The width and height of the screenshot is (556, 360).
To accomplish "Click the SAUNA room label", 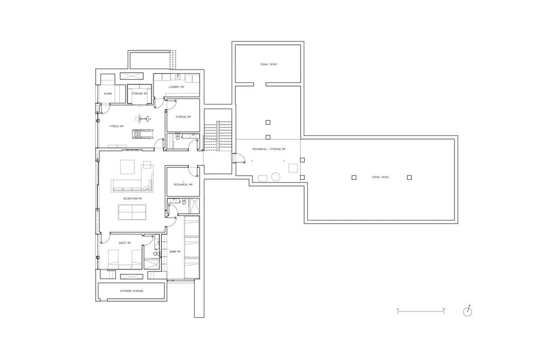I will (x=108, y=94).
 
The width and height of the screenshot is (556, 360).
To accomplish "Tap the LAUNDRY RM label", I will (x=176, y=87).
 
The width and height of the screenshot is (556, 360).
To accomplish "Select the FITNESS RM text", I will (x=116, y=126).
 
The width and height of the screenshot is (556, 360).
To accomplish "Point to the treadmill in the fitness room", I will (x=143, y=134).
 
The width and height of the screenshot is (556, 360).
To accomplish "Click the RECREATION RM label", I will (x=132, y=198).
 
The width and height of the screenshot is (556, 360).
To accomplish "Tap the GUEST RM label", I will (x=125, y=243).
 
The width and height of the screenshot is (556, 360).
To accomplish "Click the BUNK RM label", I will (x=175, y=252).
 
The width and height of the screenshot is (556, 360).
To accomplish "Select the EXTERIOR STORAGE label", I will (x=132, y=291).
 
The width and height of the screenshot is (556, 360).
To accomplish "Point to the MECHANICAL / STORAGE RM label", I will (x=268, y=149).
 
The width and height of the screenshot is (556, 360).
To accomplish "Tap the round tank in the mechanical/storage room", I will (x=276, y=177).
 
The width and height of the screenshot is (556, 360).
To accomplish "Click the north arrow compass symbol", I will (x=467, y=311).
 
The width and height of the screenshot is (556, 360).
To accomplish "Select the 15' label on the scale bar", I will (x=444, y=310).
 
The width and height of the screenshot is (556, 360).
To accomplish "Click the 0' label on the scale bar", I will (x=398, y=310).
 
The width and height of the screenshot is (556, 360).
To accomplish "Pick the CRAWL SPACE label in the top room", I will (x=268, y=64).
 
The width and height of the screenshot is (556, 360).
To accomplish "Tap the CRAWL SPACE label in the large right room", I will (x=380, y=177).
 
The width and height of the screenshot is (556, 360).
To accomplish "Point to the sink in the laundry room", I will (x=178, y=77).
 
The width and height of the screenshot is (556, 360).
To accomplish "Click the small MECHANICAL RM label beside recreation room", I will (x=183, y=184).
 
